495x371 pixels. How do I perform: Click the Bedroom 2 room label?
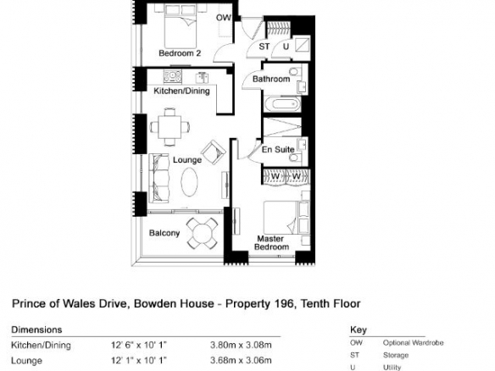tap(180, 53)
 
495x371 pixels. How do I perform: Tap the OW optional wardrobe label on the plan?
tap(224, 18)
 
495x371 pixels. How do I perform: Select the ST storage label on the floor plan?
tap(264, 47)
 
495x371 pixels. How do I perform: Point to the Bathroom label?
tap(271, 79)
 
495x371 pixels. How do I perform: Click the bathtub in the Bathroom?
tap(282, 104)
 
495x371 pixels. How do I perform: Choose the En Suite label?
tap(278, 150)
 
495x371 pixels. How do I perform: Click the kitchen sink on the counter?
tap(173, 76)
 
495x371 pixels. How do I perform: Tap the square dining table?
tap(170, 127)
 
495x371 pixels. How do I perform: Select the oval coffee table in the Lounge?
tap(189, 182)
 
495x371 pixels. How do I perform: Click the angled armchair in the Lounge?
tap(214, 152)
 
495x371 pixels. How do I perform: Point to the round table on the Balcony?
tap(202, 233)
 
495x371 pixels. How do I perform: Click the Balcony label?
tap(164, 233)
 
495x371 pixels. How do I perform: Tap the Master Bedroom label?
tap(271, 242)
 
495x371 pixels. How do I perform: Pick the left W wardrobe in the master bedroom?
tap(275, 177)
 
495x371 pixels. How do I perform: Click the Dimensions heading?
tap(36, 329)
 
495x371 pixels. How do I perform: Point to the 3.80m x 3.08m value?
tap(241, 345)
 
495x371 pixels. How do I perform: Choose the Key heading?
tap(359, 330)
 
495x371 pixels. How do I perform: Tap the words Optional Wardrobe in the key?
tap(413, 342)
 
